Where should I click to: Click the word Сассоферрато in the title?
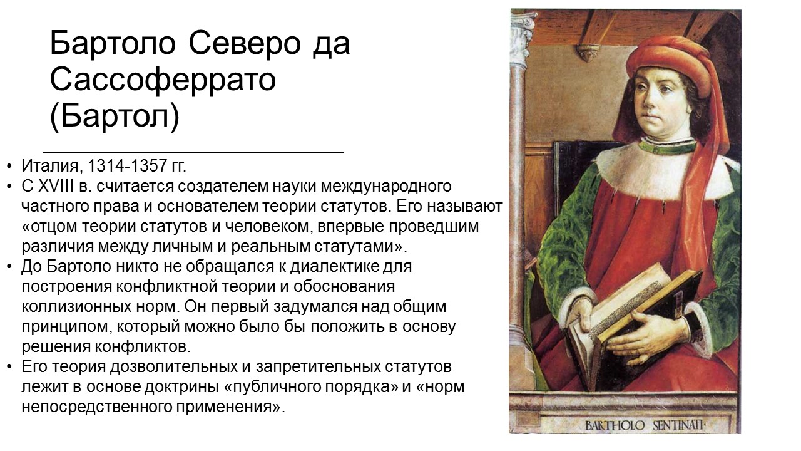[x=163, y=79]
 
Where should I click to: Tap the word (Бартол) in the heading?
[x=115, y=116]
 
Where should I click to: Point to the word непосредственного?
[x=93, y=408]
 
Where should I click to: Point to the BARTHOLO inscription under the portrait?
[x=615, y=425]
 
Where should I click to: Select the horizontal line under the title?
[x=193, y=152]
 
